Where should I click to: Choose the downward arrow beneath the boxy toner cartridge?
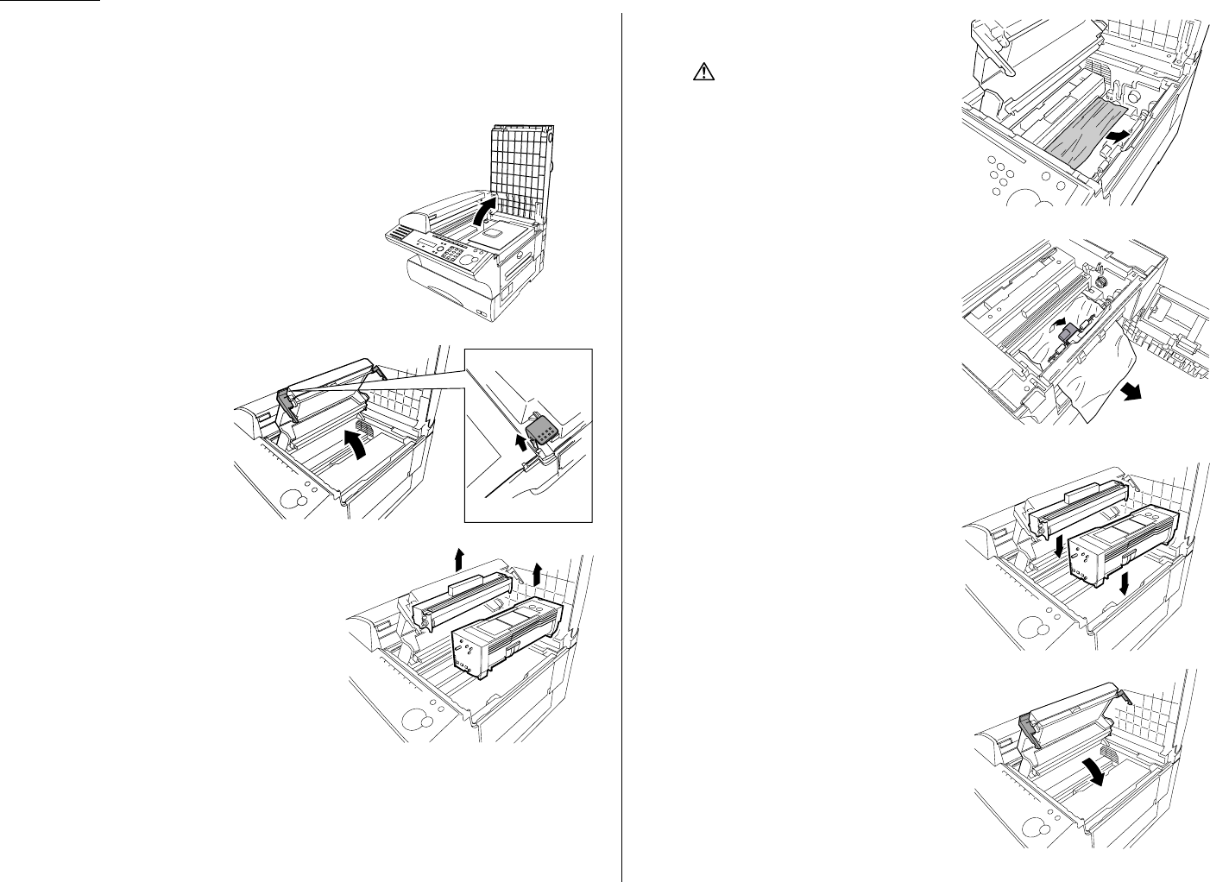pos(1121,579)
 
